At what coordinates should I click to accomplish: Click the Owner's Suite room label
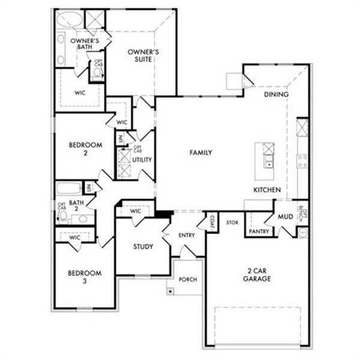(x=143, y=56)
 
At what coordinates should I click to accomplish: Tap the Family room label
(x=201, y=153)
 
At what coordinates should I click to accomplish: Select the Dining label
(x=277, y=94)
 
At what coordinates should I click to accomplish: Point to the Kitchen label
(x=267, y=190)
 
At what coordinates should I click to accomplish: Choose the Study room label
(x=143, y=247)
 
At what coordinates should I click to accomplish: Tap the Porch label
(x=188, y=280)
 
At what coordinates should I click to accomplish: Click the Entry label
(x=187, y=235)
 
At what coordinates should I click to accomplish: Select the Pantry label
(x=258, y=230)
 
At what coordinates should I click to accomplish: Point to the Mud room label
(x=285, y=217)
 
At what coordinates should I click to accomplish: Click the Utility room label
(x=142, y=160)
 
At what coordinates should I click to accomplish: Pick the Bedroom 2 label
(x=85, y=149)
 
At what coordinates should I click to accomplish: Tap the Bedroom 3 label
(x=84, y=277)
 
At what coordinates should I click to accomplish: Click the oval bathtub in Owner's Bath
(x=71, y=19)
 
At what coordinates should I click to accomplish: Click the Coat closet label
(x=212, y=222)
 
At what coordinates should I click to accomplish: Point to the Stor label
(x=232, y=223)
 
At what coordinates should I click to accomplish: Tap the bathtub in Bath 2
(x=69, y=188)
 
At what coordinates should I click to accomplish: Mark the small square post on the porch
(x=171, y=291)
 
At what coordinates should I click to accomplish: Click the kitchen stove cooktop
(x=302, y=161)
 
